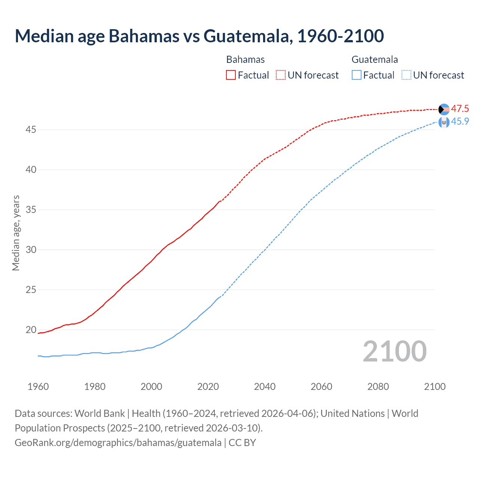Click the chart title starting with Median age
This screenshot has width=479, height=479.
pyautogui.click(x=199, y=36)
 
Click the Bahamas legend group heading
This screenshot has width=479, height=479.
pyautogui.click(x=245, y=60)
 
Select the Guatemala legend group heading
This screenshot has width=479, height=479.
pyautogui.click(x=375, y=60)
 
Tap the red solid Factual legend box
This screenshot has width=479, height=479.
pyautogui.click(x=231, y=75)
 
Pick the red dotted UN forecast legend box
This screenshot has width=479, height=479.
pyautogui.click(x=281, y=75)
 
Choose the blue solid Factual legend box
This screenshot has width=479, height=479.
pyautogui.click(x=357, y=75)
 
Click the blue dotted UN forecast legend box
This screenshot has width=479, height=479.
pyautogui.click(x=406, y=75)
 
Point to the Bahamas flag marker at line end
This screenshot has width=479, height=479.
pyautogui.click(x=444, y=109)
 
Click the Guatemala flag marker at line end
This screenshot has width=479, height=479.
pyautogui.click(x=444, y=122)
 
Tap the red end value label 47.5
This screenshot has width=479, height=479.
pyautogui.click(x=460, y=109)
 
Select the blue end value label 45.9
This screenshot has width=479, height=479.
pyautogui.click(x=460, y=122)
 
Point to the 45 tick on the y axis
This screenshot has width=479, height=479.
pyautogui.click(x=31, y=130)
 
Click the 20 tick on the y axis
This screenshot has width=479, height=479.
pyautogui.click(x=31, y=330)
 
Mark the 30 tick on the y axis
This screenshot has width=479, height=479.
pyautogui.click(x=31, y=250)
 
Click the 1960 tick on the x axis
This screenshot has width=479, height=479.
pyautogui.click(x=38, y=387)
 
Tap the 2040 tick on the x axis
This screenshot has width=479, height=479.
pyautogui.click(x=265, y=387)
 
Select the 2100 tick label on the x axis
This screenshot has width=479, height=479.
pyautogui.click(x=434, y=387)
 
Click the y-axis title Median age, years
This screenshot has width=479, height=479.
pyautogui.click(x=16, y=233)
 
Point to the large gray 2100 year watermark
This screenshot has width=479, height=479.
pyautogui.click(x=394, y=351)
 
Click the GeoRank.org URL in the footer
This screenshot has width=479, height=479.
pyautogui.click(x=118, y=443)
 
